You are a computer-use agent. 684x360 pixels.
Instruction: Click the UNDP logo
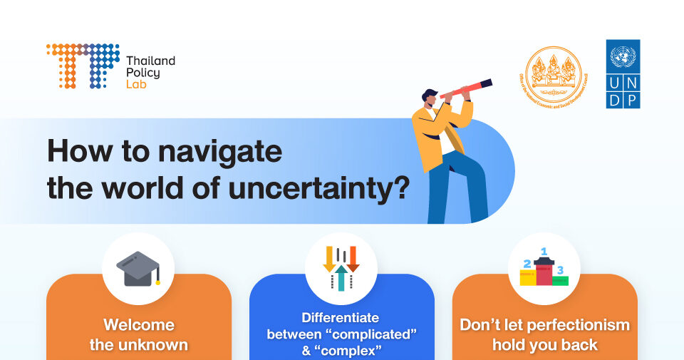click(623, 74)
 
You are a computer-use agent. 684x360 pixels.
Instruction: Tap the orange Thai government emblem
click(554, 75)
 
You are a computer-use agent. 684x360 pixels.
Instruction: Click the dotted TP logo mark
click(83, 66)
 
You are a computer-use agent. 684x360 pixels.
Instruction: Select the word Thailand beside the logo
click(150, 61)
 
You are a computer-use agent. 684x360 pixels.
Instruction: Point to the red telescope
click(467, 88)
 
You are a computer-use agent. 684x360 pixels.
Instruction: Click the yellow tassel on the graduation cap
click(157, 280)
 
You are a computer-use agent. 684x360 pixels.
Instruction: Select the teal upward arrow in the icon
click(341, 277)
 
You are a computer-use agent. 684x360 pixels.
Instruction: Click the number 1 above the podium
click(544, 251)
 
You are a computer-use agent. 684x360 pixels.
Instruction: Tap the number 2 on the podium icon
click(527, 264)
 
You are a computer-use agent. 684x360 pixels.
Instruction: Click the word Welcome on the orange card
click(139, 325)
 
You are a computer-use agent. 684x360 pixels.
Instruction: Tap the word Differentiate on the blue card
click(341, 317)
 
